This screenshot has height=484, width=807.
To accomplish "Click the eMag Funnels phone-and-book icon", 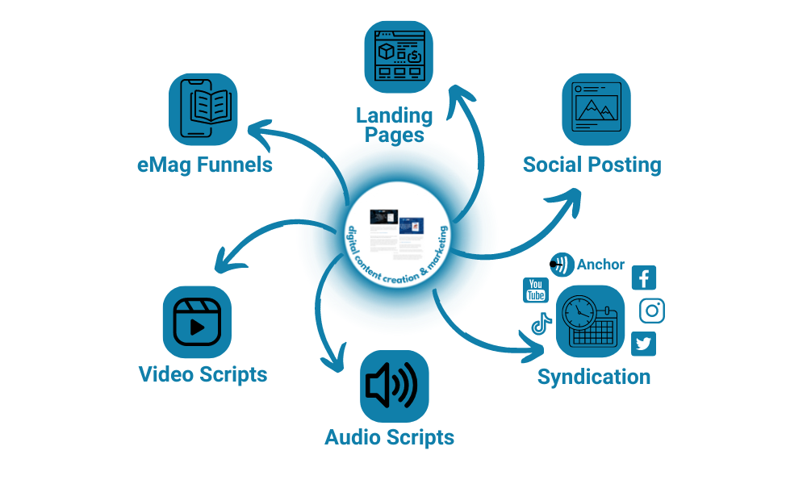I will tap(203, 108).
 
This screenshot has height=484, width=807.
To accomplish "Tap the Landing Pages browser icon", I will tap(399, 56).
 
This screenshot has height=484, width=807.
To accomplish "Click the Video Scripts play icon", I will tap(197, 321).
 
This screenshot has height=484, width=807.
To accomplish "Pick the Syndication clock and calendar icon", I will tap(591, 320).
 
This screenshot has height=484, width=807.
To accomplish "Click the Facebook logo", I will tap(644, 278).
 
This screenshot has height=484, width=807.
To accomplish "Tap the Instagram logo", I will tap(652, 311).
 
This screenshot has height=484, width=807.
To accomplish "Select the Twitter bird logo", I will tap(643, 344).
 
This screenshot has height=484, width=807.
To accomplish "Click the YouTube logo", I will tap(536, 290).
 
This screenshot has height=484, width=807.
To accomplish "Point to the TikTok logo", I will tap(540, 324).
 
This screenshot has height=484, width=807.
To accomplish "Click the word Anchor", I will tap(600, 265).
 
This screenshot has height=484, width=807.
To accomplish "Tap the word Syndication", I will tap(594, 377).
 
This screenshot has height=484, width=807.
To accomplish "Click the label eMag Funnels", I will tap(203, 165).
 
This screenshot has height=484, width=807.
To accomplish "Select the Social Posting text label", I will tap(592, 165).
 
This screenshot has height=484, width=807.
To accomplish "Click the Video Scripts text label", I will tap(203, 374).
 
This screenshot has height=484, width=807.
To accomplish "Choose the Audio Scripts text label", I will tap(389, 438).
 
